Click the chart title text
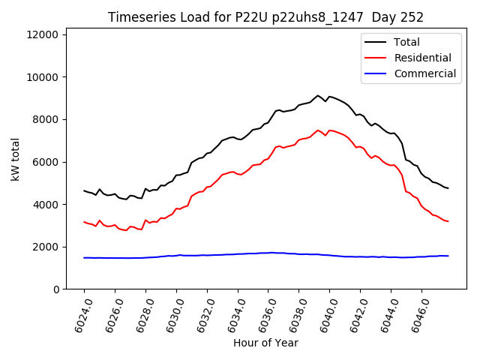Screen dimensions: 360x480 (x=265, y=17)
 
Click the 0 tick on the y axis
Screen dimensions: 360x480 (x=57, y=289)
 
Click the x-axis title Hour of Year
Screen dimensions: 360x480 (x=265, y=343)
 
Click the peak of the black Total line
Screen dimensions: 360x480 (x=318, y=95)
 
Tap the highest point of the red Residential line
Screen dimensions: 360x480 (x=318, y=130)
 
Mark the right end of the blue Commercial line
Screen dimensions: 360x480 (x=448, y=256)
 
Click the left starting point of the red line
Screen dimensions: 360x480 (x=84, y=222)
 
